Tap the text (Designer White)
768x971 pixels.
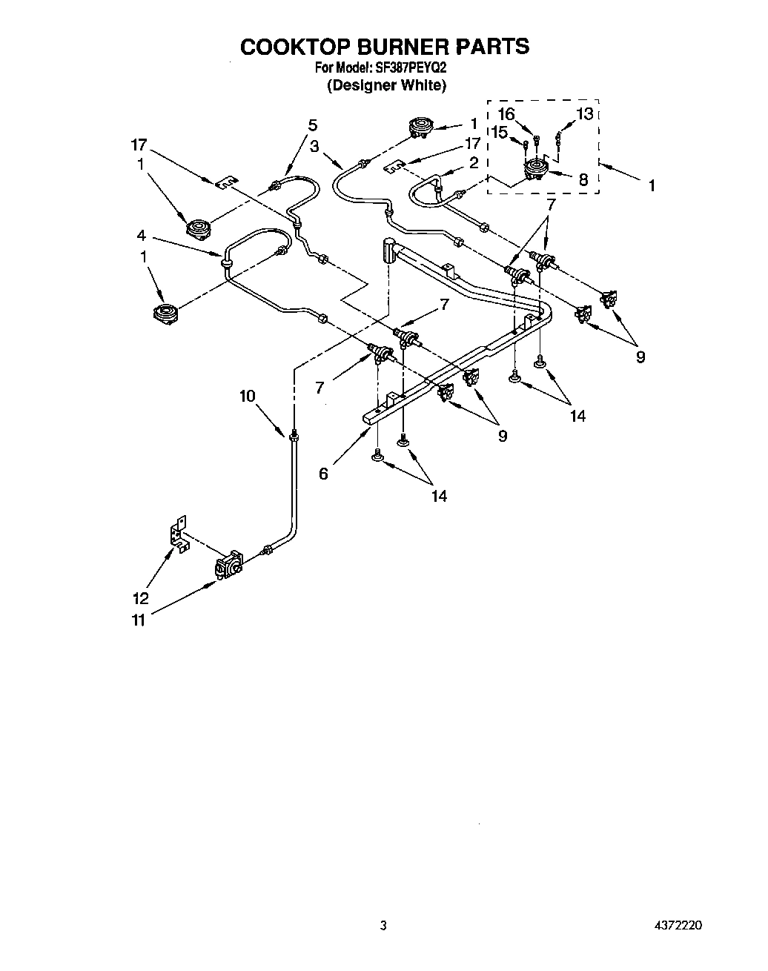pyautogui.click(x=386, y=84)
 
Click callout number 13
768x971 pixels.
pyautogui.click(x=585, y=113)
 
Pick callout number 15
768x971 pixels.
pyautogui.click(x=498, y=132)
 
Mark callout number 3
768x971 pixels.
pyautogui.click(x=315, y=147)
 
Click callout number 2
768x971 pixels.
pyautogui.click(x=474, y=162)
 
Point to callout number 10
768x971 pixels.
pyautogui.click(x=247, y=396)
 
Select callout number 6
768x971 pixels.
pyautogui.click(x=323, y=474)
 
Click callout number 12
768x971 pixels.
pyautogui.click(x=140, y=597)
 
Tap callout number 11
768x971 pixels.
pyautogui.click(x=139, y=620)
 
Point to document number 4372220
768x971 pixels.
pyautogui.click(x=678, y=925)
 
